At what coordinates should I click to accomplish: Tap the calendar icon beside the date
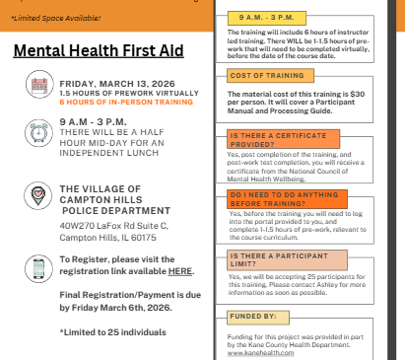[x=40, y=86]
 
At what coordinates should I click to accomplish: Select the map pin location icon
[x=40, y=195]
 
